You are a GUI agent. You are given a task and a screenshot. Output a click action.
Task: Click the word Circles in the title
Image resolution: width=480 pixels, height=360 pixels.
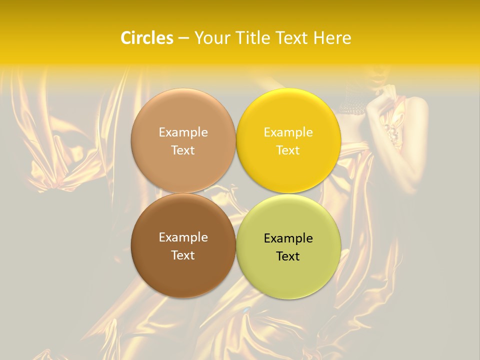tap(146, 38)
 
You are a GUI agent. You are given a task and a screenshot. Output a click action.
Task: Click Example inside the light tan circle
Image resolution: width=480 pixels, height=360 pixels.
tap(183, 132)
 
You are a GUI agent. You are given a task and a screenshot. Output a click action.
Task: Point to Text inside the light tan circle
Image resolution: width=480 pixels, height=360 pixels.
tap(183, 150)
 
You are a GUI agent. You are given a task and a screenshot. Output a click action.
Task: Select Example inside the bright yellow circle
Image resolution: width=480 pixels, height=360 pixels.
tap(288, 132)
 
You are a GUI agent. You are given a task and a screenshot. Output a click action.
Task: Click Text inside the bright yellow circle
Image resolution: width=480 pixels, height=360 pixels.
tap(288, 150)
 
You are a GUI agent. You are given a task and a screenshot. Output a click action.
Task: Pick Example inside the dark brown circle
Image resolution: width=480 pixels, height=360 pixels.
tap(183, 237)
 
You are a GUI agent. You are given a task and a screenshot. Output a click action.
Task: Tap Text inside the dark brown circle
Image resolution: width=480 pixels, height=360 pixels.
tap(183, 255)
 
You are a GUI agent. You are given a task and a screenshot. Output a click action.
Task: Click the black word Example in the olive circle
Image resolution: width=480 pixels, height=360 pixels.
tap(288, 238)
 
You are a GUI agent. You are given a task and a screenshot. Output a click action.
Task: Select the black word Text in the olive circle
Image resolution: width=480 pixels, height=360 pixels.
tap(288, 256)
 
